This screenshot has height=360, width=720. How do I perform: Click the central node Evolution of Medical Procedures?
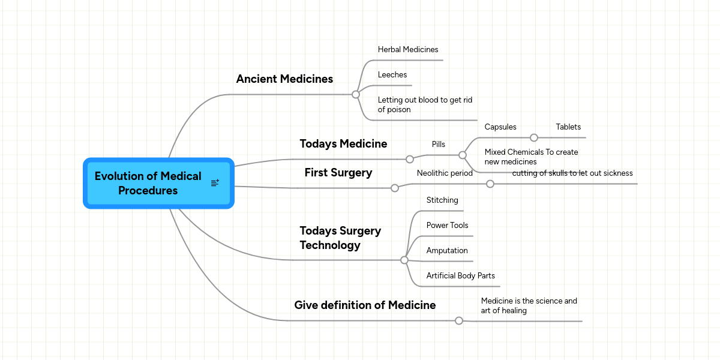click(148, 183)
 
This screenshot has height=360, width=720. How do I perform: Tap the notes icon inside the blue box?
click(215, 183)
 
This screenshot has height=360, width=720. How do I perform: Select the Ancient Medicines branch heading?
click(284, 79)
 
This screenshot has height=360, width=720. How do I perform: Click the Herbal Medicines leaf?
click(408, 50)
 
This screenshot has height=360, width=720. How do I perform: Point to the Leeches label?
click(392, 75)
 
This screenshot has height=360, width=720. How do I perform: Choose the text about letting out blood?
click(425, 105)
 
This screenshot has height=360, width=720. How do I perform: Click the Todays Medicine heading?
click(343, 144)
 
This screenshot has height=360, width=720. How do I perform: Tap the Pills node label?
click(439, 145)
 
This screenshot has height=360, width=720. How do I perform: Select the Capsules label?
click(500, 127)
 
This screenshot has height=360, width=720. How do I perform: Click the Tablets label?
click(568, 127)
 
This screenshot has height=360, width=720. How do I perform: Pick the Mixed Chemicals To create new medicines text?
click(531, 157)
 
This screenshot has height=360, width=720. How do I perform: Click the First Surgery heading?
click(338, 173)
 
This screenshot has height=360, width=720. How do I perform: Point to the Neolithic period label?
click(445, 173)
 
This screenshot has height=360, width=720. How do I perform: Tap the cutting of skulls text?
click(572, 173)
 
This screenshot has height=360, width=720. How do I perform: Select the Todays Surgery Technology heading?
click(340, 238)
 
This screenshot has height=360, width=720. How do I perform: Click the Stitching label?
click(442, 200)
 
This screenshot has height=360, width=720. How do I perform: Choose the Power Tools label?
click(447, 226)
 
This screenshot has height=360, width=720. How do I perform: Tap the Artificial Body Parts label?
click(460, 276)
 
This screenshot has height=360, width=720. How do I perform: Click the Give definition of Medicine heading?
click(365, 305)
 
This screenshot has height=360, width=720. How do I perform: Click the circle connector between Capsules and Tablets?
click(534, 137)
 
